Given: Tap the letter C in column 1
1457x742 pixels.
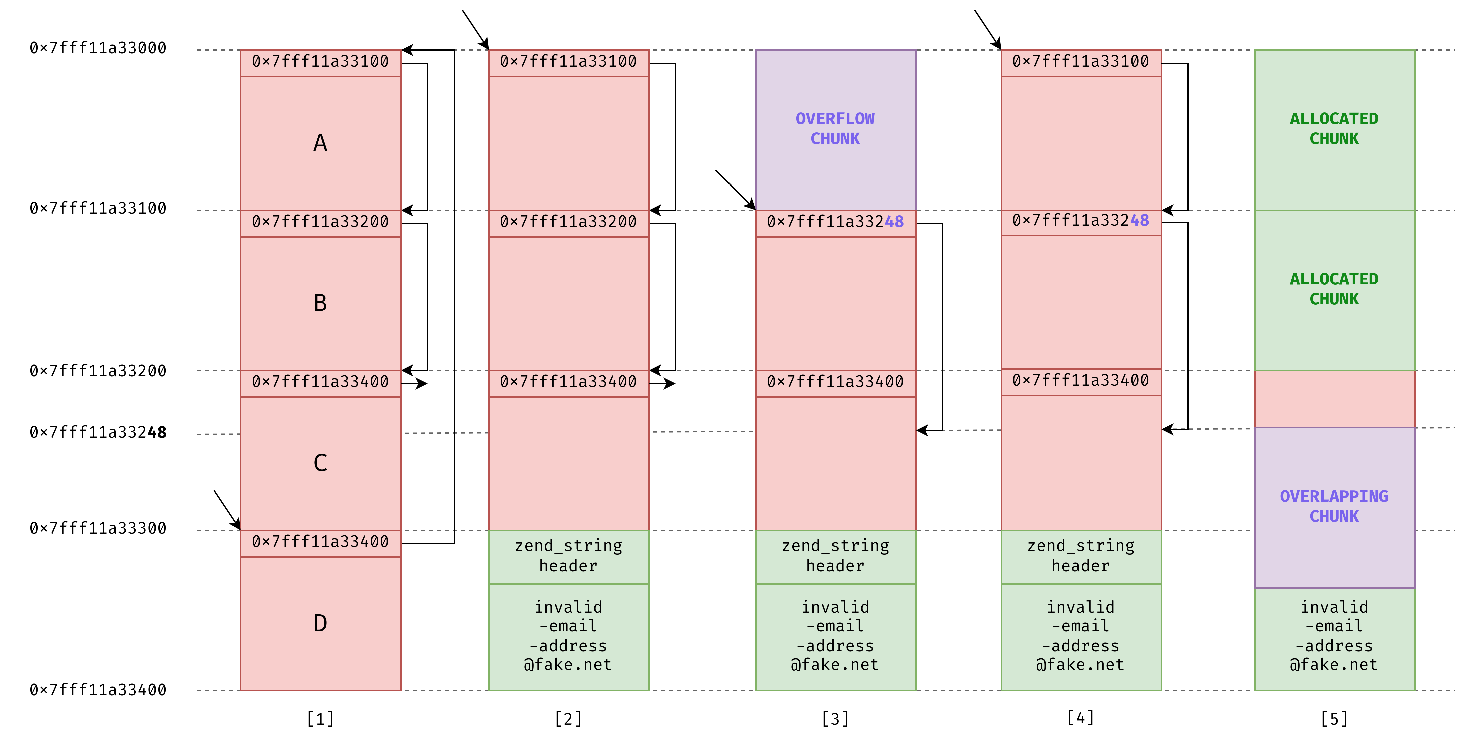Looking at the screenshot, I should (x=320, y=463).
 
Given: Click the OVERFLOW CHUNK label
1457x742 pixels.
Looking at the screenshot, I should (x=835, y=129).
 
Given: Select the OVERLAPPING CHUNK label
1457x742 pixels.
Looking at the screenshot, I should (x=1334, y=506).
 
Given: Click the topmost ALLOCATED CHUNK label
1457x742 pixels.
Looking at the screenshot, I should (x=1334, y=129).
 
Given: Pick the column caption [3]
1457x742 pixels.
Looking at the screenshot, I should (x=835, y=719).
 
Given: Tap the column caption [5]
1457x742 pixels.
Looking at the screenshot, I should (x=1334, y=719).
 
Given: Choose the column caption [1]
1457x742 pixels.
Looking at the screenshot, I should (x=320, y=719).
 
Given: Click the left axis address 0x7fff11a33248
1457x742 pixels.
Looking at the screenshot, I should (x=98, y=433).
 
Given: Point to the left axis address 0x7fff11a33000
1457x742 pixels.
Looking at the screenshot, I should (x=98, y=48).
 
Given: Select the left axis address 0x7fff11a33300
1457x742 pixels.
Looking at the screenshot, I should (x=98, y=528).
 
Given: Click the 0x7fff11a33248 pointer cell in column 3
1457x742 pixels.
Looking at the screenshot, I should (x=835, y=222).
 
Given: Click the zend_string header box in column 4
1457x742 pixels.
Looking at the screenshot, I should (x=1081, y=556).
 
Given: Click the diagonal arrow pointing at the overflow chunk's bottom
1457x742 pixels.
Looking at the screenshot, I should (x=735, y=190).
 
